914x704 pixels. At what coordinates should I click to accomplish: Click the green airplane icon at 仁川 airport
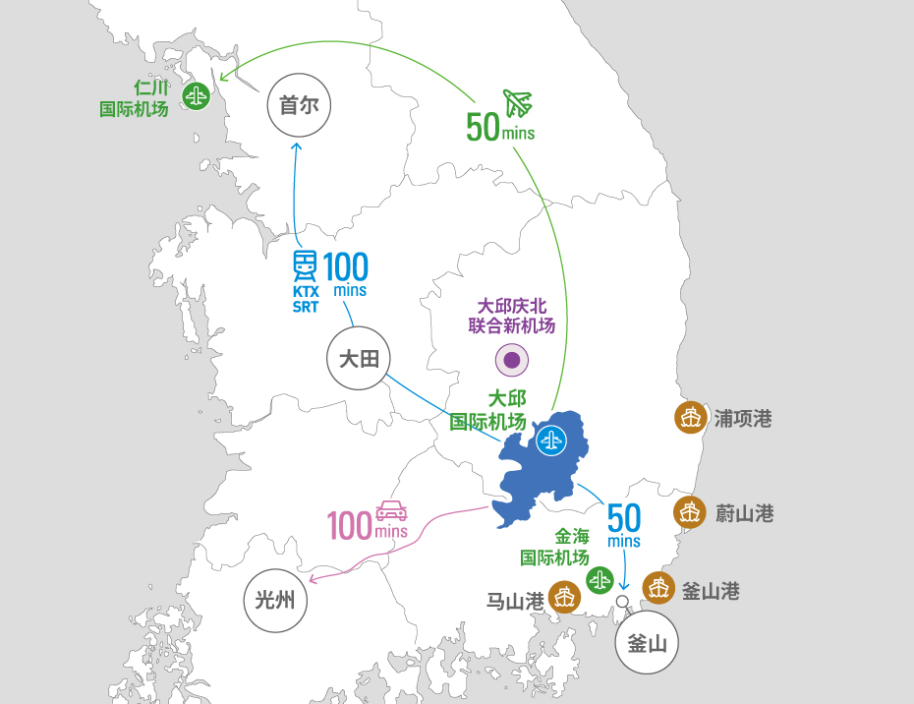[197, 95]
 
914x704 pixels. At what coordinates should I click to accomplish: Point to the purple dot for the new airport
[512, 360]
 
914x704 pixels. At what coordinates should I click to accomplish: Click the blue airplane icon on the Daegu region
[550, 440]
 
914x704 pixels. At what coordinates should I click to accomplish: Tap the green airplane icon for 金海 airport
[600, 580]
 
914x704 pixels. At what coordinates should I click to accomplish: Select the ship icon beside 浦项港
[691, 418]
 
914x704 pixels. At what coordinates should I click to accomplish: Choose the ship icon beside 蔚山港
[690, 512]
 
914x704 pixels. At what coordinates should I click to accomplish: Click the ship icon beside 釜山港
[658, 588]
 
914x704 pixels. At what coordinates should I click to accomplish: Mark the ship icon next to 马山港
[564, 597]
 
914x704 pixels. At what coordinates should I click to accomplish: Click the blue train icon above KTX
[305, 266]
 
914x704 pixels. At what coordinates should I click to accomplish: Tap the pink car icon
[392, 510]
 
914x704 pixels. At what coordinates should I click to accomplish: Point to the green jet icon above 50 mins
[518, 103]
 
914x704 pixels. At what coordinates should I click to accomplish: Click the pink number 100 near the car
[350, 525]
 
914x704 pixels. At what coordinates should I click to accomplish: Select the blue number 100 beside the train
[346, 267]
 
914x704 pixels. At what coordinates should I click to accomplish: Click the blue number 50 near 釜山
[624, 518]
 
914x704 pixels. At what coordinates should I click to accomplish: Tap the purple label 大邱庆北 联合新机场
[512, 317]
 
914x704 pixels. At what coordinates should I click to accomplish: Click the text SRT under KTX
[306, 307]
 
